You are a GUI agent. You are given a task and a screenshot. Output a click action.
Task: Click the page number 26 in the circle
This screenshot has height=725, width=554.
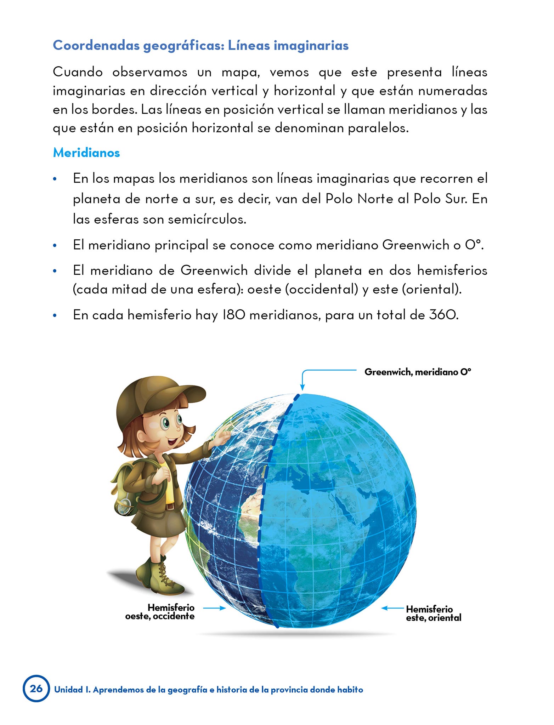(36, 689)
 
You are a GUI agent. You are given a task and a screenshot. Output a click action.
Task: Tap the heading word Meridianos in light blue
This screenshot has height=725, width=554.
(86, 153)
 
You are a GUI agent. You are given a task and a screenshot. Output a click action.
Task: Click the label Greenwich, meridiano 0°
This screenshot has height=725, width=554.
(418, 372)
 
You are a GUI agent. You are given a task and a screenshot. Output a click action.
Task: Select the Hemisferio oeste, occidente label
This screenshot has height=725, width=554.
(160, 612)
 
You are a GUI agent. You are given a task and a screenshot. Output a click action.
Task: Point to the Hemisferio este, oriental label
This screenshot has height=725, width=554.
(433, 613)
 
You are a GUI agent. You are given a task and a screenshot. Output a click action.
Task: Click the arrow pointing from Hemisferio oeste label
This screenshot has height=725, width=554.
(215, 608)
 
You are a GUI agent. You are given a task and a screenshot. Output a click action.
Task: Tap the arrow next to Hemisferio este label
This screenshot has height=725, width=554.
(392, 608)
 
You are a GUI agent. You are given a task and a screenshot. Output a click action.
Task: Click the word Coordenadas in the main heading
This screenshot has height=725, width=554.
(96, 45)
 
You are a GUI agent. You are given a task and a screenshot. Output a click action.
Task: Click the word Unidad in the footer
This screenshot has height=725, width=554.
(68, 690)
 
